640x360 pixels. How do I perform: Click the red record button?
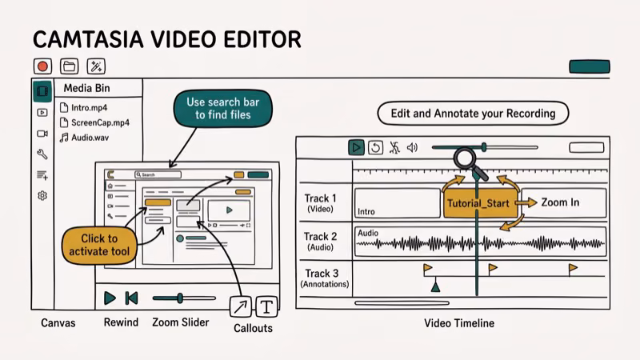coord(42,66)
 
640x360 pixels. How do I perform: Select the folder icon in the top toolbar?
coord(70,66)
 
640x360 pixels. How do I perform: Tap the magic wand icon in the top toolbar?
coord(96,66)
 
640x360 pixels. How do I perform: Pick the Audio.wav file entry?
coord(88,138)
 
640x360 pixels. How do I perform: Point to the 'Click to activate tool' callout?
coord(99,245)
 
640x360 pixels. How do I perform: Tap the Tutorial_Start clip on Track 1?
coord(478,203)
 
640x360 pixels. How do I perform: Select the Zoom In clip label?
coord(560,202)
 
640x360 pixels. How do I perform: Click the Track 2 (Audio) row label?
coord(321,242)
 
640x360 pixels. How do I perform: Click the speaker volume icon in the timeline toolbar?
coord(413,147)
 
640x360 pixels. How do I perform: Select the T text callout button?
coord(266,306)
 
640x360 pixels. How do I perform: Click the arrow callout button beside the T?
coord(241,306)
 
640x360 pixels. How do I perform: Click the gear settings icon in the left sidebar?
coord(42,195)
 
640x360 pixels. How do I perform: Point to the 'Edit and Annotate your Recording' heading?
coord(473,114)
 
